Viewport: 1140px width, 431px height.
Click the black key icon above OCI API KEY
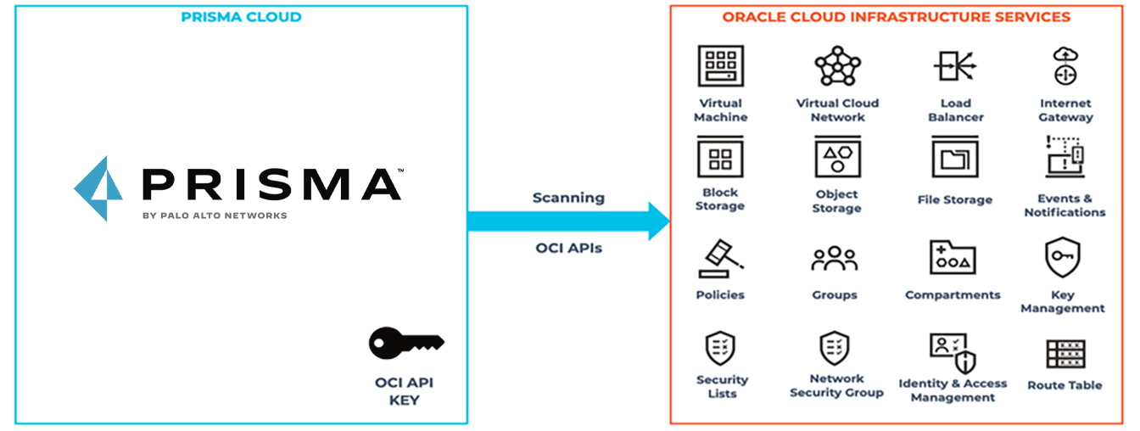coord(405,344)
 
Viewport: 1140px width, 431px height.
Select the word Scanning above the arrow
coord(568,198)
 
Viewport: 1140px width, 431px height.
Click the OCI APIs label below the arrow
coord(568,249)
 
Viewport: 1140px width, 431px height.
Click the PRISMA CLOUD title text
coord(241,17)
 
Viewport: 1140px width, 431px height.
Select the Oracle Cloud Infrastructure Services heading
coord(896,17)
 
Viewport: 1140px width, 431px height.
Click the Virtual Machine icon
coord(720,66)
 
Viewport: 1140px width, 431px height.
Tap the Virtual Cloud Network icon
coord(837,66)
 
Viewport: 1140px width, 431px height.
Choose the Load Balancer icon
coord(955,66)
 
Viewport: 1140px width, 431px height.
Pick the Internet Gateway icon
coord(1065,66)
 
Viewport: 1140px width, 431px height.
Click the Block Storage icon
coord(720,158)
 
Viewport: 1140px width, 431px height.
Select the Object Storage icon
coord(837,158)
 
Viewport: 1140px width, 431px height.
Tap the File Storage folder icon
coord(955,158)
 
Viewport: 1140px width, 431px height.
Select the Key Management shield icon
coord(1062,258)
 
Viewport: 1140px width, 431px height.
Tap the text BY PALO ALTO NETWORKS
coord(215,215)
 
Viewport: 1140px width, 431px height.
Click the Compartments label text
coord(953,295)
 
